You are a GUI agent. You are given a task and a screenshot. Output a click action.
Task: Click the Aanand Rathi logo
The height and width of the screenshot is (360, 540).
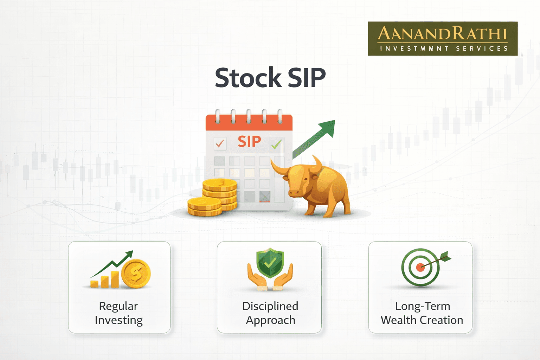pos(443,38)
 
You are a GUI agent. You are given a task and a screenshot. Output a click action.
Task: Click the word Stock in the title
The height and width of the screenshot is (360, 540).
pos(248,78)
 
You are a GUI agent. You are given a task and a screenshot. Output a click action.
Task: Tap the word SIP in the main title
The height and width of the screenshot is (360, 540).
pos(307,78)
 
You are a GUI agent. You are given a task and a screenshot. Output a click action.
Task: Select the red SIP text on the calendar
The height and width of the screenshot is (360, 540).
pos(249,141)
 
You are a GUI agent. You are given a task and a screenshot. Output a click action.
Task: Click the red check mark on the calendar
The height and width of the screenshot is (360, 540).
pos(220,143)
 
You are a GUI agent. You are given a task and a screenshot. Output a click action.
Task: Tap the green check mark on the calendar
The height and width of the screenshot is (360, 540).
pos(276,144)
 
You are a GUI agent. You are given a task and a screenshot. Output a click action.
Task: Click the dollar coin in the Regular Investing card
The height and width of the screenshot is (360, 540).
pos(136,274)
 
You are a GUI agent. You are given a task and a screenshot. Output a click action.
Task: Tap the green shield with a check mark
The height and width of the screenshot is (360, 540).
pos(270,262)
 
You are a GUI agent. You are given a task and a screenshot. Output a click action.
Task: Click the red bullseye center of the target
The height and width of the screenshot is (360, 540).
pos(420,267)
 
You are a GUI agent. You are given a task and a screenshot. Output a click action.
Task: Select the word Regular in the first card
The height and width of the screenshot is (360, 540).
pos(118,306)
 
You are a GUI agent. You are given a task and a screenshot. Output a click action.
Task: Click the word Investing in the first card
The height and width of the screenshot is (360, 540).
pos(119,320)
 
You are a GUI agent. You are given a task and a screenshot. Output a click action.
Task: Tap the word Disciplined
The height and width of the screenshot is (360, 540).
pos(270,306)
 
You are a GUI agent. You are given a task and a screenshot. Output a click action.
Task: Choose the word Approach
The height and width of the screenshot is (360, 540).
pos(270,320)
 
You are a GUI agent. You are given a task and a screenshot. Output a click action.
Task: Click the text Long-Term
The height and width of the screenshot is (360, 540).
pos(423,306)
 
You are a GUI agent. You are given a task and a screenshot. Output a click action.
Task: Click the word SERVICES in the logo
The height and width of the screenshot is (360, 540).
pos(482,49)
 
